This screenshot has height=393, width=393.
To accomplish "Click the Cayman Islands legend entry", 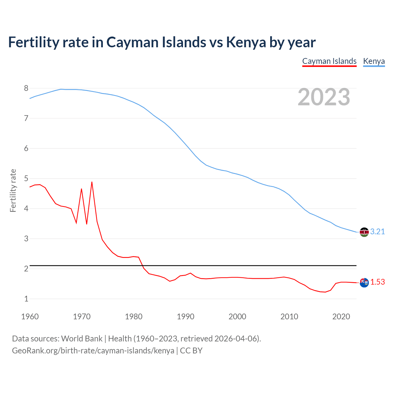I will [x=329, y=61].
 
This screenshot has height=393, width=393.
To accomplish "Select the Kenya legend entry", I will [x=374, y=61].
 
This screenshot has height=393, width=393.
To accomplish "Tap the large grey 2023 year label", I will [x=324, y=97].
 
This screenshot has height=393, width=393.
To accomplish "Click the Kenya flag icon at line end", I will [x=364, y=232].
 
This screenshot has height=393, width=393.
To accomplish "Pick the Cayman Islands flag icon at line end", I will [x=364, y=282].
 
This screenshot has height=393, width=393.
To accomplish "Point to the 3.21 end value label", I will [x=377, y=232].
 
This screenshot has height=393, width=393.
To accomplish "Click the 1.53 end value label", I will [x=377, y=282].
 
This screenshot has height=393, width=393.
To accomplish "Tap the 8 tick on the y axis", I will [x=26, y=88].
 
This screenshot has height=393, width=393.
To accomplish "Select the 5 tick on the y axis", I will [x=26, y=179].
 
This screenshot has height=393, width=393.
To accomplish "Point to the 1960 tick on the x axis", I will [x=30, y=317].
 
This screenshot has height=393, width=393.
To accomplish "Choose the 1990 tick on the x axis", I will [x=185, y=317].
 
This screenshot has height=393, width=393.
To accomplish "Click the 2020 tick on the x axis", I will [x=341, y=317].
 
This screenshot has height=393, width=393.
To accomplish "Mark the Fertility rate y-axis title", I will [x=13, y=190].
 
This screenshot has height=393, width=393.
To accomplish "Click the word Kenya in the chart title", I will [x=246, y=42].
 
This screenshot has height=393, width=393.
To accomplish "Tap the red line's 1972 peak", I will [x=92, y=182].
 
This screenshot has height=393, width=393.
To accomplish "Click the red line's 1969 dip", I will [x=76, y=223].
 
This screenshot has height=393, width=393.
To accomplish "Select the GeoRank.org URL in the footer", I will [x=93, y=351].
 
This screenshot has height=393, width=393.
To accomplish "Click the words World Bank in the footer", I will [x=82, y=339].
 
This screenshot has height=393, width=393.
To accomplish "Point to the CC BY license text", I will [x=191, y=351].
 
